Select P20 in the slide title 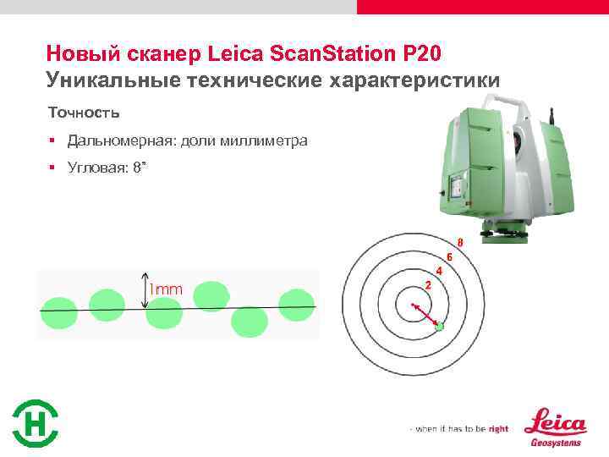click(x=422, y=54)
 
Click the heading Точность click(x=84, y=112)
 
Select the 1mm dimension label click(x=167, y=289)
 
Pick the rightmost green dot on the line click(x=296, y=305)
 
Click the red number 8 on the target click(x=459, y=243)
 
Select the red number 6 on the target click(x=449, y=256)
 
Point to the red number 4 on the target click(x=439, y=270)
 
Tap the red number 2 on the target click(x=428, y=285)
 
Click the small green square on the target click(x=439, y=326)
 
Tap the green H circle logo click(x=36, y=423)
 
